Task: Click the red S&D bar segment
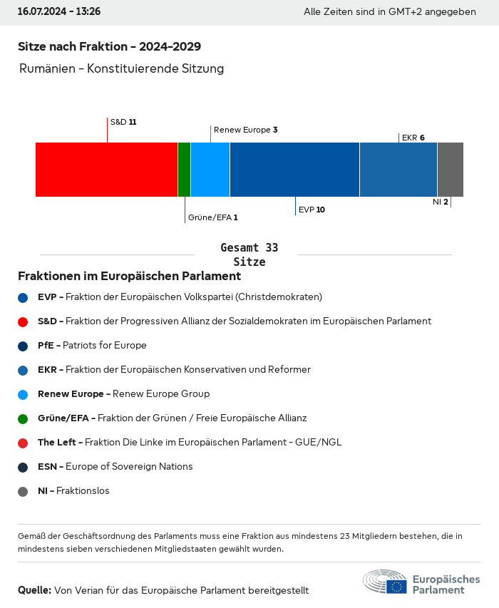[x=106, y=169]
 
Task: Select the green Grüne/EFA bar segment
[x=184, y=169]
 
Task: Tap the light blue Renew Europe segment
[x=210, y=169]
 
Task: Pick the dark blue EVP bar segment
[x=294, y=169]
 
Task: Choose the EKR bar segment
[x=398, y=169]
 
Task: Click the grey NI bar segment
[x=450, y=169]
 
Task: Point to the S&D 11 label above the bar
[x=123, y=122]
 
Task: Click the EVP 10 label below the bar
[x=312, y=210]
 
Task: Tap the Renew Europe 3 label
[x=245, y=130]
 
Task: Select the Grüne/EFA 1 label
[x=212, y=217]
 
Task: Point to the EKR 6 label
[x=413, y=138]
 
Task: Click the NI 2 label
[x=440, y=202]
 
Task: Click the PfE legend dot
[x=23, y=346]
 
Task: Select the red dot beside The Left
[x=23, y=443]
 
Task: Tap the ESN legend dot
[x=23, y=467]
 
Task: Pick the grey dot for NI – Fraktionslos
[x=23, y=491]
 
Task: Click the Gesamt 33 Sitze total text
[x=249, y=254]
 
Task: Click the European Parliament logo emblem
[x=385, y=582]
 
